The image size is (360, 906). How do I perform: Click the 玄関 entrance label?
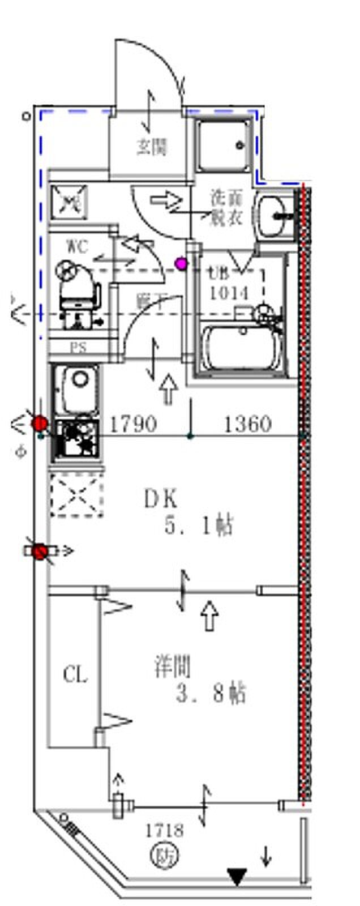point(152,147)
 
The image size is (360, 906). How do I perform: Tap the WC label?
point(78,246)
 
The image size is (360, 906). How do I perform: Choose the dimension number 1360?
point(248,424)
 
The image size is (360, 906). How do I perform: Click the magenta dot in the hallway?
point(181,263)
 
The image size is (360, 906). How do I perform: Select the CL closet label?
point(75,675)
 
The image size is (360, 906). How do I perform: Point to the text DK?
point(161,499)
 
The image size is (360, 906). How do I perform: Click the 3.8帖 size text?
point(210,693)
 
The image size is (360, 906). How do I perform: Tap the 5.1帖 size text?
point(198,527)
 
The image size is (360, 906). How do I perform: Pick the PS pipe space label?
point(78,348)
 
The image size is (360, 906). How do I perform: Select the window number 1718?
point(164,831)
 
